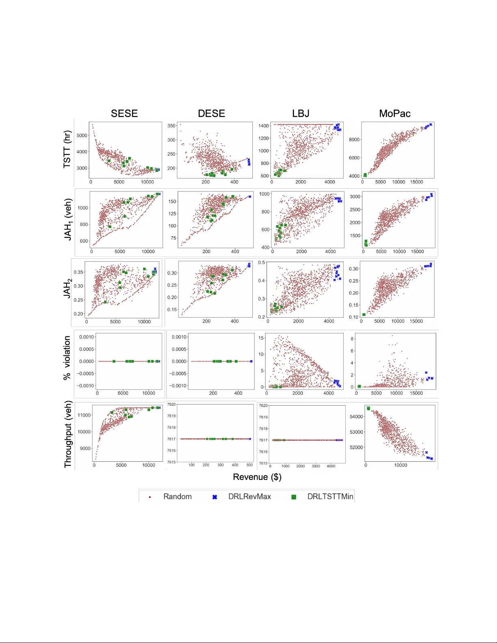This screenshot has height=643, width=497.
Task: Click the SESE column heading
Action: click(x=124, y=114)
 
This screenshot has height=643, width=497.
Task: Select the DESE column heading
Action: click(x=211, y=114)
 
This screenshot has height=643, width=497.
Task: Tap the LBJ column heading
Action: click(x=301, y=114)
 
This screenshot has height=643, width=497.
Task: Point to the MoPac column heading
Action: click(x=394, y=114)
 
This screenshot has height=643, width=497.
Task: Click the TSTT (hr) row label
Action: click(x=67, y=149)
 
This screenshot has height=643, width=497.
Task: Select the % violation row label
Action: click(x=67, y=358)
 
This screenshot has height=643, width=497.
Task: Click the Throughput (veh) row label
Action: click(x=68, y=434)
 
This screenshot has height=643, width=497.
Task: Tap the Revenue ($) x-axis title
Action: click(x=257, y=477)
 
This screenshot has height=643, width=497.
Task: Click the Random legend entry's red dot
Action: click(x=150, y=497)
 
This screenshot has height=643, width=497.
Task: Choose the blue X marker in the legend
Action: click(x=215, y=497)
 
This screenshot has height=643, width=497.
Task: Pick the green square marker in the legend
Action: click(x=294, y=497)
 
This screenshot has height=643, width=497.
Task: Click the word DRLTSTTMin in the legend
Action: click(x=330, y=497)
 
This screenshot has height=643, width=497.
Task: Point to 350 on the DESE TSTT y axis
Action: click(x=171, y=126)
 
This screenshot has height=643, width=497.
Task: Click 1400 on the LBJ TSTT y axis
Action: click(x=263, y=126)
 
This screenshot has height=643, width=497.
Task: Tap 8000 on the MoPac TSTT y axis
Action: click(x=354, y=140)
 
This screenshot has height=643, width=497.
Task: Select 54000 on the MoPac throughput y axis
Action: click(x=356, y=417)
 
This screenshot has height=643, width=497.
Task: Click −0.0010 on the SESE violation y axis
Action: click(x=86, y=386)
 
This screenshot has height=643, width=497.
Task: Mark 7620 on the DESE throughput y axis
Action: click(x=172, y=404)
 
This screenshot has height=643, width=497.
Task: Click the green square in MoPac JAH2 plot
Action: click(x=364, y=314)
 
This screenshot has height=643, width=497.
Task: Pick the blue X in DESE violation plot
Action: click(x=251, y=361)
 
